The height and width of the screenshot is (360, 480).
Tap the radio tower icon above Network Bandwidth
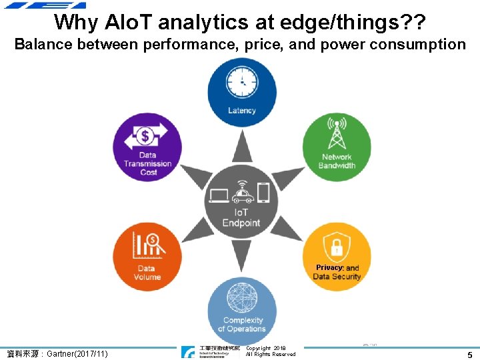(337, 133)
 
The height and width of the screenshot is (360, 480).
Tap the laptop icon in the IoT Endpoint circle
(219, 195)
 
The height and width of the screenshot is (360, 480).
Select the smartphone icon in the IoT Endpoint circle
(263, 193)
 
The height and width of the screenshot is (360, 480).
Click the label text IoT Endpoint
(241, 218)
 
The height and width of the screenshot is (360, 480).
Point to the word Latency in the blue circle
(241, 111)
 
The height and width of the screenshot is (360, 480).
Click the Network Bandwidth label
(337, 161)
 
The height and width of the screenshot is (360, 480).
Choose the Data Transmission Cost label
(147, 164)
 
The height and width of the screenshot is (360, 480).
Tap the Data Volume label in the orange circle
(147, 273)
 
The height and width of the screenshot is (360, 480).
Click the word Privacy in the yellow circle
(329, 267)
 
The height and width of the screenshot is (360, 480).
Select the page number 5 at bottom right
(469, 355)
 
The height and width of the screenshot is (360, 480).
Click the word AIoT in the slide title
(130, 22)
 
